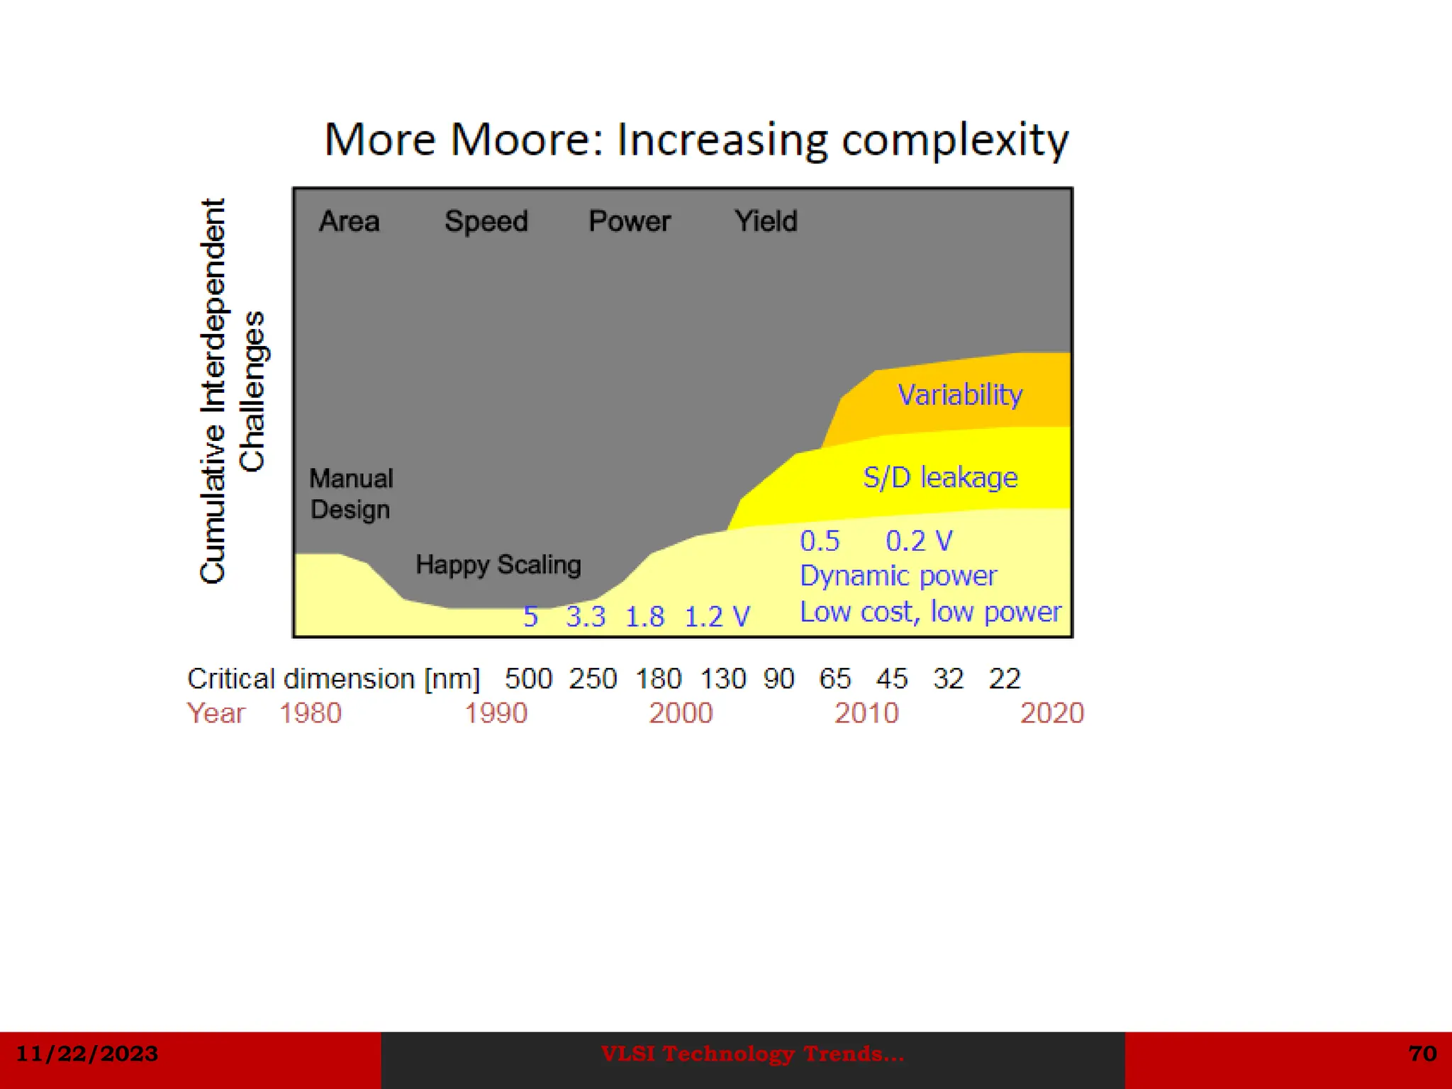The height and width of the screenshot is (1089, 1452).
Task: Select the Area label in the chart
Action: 349,221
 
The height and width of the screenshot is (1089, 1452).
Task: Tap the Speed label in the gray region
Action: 486,221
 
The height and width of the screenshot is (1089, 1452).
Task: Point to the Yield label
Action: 766,221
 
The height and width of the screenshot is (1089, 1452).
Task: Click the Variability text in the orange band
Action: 960,395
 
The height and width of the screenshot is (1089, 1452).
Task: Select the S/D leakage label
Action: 940,477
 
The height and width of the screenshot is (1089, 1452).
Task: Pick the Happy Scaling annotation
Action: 498,565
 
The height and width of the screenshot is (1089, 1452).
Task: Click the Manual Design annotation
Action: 351,494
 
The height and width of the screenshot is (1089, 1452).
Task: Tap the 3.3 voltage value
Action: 586,617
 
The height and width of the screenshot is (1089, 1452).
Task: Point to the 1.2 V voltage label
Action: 717,617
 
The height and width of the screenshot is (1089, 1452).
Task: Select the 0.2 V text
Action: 919,542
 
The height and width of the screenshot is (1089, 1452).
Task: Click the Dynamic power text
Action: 898,576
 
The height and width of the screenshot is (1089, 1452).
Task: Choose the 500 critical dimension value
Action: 528,679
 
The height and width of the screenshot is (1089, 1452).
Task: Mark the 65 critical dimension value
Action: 834,679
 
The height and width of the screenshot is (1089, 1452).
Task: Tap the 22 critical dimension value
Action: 1005,679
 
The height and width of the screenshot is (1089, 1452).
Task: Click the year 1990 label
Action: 496,713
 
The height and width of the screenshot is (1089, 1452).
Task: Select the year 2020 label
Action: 1051,713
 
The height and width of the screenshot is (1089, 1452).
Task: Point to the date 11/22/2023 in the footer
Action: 87,1054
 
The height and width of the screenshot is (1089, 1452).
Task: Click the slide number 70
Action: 1422,1054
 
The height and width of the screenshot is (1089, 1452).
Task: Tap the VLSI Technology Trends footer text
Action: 752,1054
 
